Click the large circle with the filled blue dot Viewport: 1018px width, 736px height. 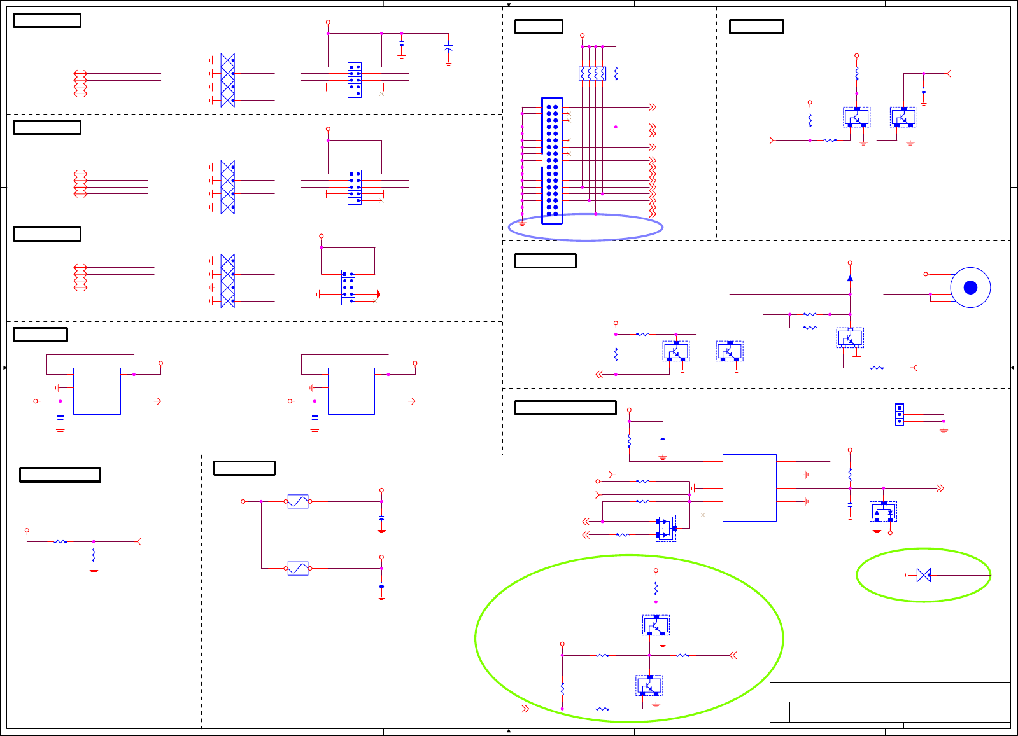[970, 288]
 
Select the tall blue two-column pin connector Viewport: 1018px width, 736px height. [552, 160]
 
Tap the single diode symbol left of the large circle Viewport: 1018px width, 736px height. [850, 278]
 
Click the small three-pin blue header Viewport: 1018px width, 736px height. [900, 414]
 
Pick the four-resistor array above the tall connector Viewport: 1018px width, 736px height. [592, 74]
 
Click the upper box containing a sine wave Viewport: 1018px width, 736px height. [298, 501]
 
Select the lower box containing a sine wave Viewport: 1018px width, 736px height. [298, 568]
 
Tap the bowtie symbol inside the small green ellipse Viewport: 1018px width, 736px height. [924, 575]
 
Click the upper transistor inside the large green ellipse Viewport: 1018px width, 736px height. [656, 625]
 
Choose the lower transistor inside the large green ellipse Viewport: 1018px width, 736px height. [649, 686]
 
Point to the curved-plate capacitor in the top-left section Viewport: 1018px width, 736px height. [448, 48]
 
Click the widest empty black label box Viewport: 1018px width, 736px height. [565, 408]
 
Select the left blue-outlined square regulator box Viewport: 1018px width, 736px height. [97, 391]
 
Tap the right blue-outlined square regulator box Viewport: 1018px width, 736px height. [351, 391]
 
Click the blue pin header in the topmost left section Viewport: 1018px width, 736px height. [355, 80]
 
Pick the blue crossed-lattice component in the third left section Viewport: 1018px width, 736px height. [228, 281]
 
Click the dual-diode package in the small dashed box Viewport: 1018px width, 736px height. [665, 528]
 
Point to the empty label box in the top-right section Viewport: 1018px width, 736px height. [756, 27]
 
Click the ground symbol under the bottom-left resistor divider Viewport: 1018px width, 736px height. [94, 571]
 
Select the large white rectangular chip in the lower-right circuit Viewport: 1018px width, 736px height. [749, 488]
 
